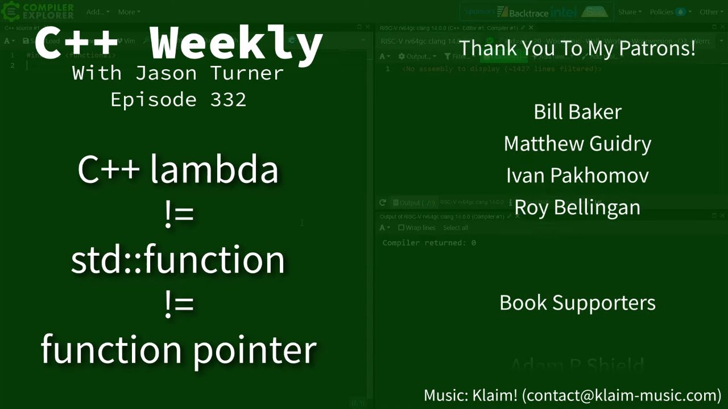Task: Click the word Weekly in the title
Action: pyautogui.click(x=237, y=43)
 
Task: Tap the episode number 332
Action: pyautogui.click(x=228, y=100)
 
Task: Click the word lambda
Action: pyautogui.click(x=214, y=169)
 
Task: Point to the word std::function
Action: pyautogui.click(x=178, y=259)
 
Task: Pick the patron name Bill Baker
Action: pyautogui.click(x=577, y=112)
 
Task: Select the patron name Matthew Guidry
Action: pyautogui.click(x=577, y=144)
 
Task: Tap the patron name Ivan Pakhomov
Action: pyautogui.click(x=577, y=176)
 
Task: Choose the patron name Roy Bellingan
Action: pyautogui.click(x=577, y=207)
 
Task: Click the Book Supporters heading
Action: pyautogui.click(x=577, y=303)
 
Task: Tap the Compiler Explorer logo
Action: pyautogui.click(x=39, y=11)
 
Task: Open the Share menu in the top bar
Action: pyautogui.click(x=629, y=12)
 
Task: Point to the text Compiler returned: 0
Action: pyautogui.click(x=429, y=243)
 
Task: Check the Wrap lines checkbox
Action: pyautogui.click(x=402, y=228)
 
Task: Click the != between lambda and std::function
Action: pyautogui.click(x=179, y=215)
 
